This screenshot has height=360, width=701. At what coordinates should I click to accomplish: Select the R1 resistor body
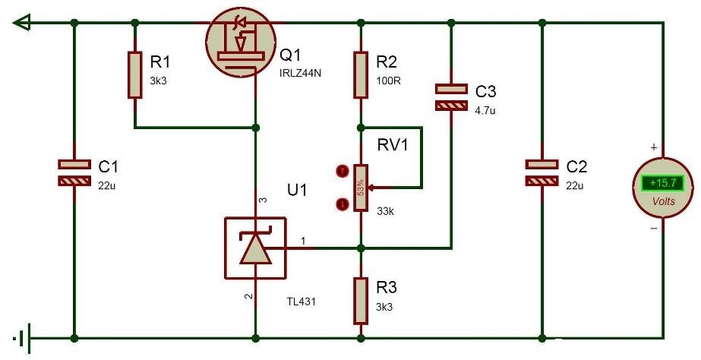click(x=134, y=74)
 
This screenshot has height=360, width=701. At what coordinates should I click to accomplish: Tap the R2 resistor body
click(x=361, y=74)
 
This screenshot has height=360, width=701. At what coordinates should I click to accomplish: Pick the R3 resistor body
click(x=361, y=300)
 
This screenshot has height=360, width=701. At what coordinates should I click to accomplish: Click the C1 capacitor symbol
click(x=74, y=172)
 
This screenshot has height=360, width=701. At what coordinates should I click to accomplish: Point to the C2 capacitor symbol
click(x=542, y=172)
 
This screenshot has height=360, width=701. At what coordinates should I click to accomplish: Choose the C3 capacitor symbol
click(x=451, y=96)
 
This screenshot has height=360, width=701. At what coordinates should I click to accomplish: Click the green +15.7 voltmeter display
click(x=658, y=183)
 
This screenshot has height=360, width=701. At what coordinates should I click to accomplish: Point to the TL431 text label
click(x=300, y=302)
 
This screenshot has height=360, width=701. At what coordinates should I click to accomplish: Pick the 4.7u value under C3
click(x=487, y=111)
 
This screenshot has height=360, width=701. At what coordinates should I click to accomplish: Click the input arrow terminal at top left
click(x=22, y=23)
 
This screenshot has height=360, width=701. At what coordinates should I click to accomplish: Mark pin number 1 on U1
click(x=305, y=242)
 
